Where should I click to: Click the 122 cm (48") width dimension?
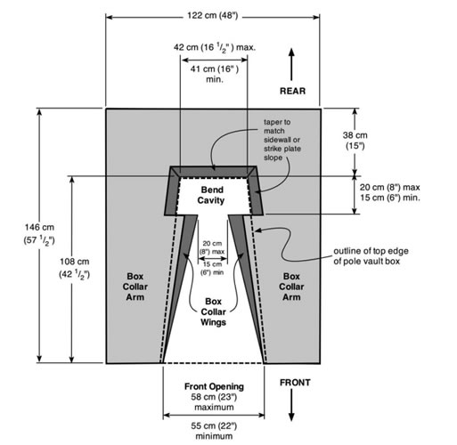tap(213, 15)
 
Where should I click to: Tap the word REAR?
tap(292, 91)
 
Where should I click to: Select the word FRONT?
tap(295, 383)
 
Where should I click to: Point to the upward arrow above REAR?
tap(291, 64)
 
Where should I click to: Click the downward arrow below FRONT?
tap(291, 405)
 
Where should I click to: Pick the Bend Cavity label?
tap(211, 195)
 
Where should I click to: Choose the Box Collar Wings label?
tap(213, 311)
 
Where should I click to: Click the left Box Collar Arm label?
tap(135, 287)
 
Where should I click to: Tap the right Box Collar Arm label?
tap(291, 287)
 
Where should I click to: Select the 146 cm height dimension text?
tap(39, 234)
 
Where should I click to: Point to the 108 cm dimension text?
tap(75, 268)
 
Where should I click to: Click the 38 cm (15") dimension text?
tap(355, 141)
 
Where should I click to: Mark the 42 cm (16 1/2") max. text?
tap(215, 47)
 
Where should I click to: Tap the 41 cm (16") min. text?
tap(215, 74)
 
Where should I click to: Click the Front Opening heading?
tap(214, 386)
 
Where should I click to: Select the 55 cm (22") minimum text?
tap(214, 431)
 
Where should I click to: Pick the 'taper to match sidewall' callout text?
tap(282, 140)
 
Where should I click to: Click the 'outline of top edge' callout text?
tap(371, 256)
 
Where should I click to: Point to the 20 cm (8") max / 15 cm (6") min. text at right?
tap(390, 192)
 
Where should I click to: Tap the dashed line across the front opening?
tap(213, 363)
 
